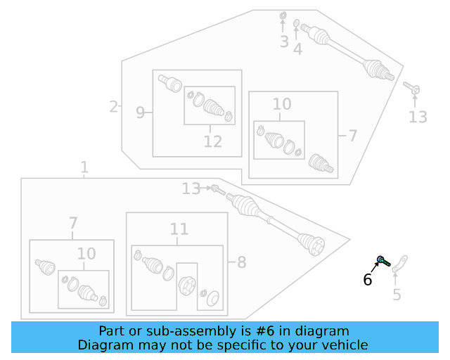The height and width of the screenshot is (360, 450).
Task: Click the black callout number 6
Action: click(x=367, y=280)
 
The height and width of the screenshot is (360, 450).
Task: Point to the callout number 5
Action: click(x=397, y=294)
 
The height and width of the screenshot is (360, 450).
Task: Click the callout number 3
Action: click(x=284, y=42)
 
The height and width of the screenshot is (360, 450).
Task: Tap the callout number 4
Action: click(x=298, y=49)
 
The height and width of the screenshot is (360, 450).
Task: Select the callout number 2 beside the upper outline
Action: click(x=113, y=107)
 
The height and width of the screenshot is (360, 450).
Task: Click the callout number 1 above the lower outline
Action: click(x=84, y=168)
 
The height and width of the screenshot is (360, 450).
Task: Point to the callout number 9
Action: click(x=140, y=112)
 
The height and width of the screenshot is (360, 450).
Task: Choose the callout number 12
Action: click(x=212, y=141)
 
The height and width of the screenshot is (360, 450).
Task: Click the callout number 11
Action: click(x=179, y=229)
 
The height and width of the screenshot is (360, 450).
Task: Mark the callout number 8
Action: click(x=241, y=263)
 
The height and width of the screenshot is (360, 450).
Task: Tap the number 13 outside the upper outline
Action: click(x=418, y=117)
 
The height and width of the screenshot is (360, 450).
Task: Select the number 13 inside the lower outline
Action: click(x=191, y=188)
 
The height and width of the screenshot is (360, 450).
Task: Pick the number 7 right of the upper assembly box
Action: click(x=352, y=136)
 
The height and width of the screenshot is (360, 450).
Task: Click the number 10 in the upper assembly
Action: click(x=281, y=105)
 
